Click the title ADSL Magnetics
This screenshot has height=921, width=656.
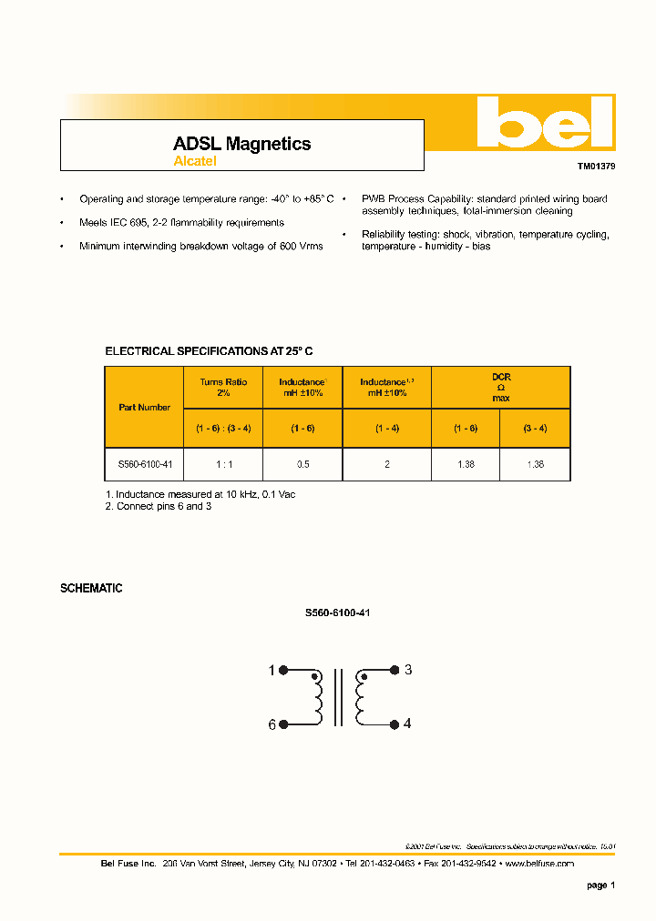pos(241,144)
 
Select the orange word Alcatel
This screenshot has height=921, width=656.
pos(195,162)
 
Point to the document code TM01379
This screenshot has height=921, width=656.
pos(596,167)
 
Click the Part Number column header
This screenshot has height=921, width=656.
pos(145,408)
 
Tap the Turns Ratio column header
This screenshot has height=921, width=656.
pos(223,388)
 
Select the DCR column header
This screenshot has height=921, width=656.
pos(501,387)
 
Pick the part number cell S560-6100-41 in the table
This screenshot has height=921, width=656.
pos(145,464)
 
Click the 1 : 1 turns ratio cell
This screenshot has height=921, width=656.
pos(223,464)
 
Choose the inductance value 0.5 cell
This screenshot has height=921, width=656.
pos(302,464)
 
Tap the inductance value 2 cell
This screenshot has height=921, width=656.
pos(386,464)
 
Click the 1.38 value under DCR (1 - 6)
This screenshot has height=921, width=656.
pos(466,464)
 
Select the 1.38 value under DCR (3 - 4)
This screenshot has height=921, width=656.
pos(535,464)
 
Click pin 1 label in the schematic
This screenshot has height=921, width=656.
pos(271,672)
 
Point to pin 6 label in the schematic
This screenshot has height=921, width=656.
pos(271,724)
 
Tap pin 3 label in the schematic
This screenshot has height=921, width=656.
pos(408,670)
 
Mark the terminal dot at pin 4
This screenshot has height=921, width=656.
pos(395,724)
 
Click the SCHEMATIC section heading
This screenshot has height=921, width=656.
pos(91,589)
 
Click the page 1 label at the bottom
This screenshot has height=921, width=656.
pos(601,885)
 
